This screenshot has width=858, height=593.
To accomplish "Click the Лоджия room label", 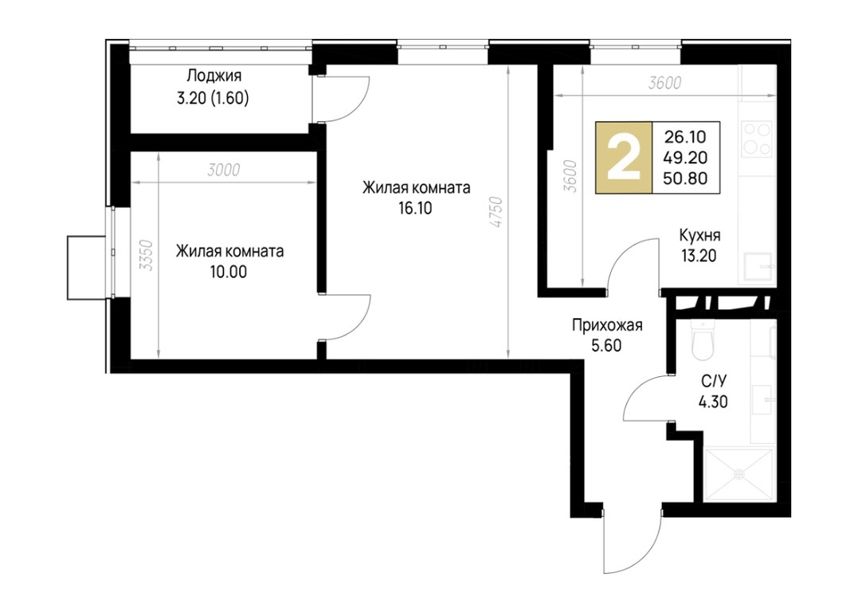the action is coord(214,75).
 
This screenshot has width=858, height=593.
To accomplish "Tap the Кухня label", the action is coord(699,235).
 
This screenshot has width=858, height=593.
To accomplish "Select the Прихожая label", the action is coord(607,325).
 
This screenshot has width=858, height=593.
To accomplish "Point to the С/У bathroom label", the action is coord(712,381).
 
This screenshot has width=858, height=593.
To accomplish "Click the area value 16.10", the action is coord(415,209).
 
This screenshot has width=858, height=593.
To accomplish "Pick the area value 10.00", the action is coord(228,272).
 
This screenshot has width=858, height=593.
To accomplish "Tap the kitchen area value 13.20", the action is coord(699,256).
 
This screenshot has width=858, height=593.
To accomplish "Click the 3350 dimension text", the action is coord(146,256).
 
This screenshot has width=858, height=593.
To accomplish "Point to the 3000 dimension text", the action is coord(224,171).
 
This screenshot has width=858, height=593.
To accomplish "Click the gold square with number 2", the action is coord(624,158).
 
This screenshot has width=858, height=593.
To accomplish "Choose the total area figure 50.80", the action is coord(685,179).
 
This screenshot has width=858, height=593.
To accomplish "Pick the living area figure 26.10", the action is coord(685,136).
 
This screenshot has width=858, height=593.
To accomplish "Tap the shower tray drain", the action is coord(739,473).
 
